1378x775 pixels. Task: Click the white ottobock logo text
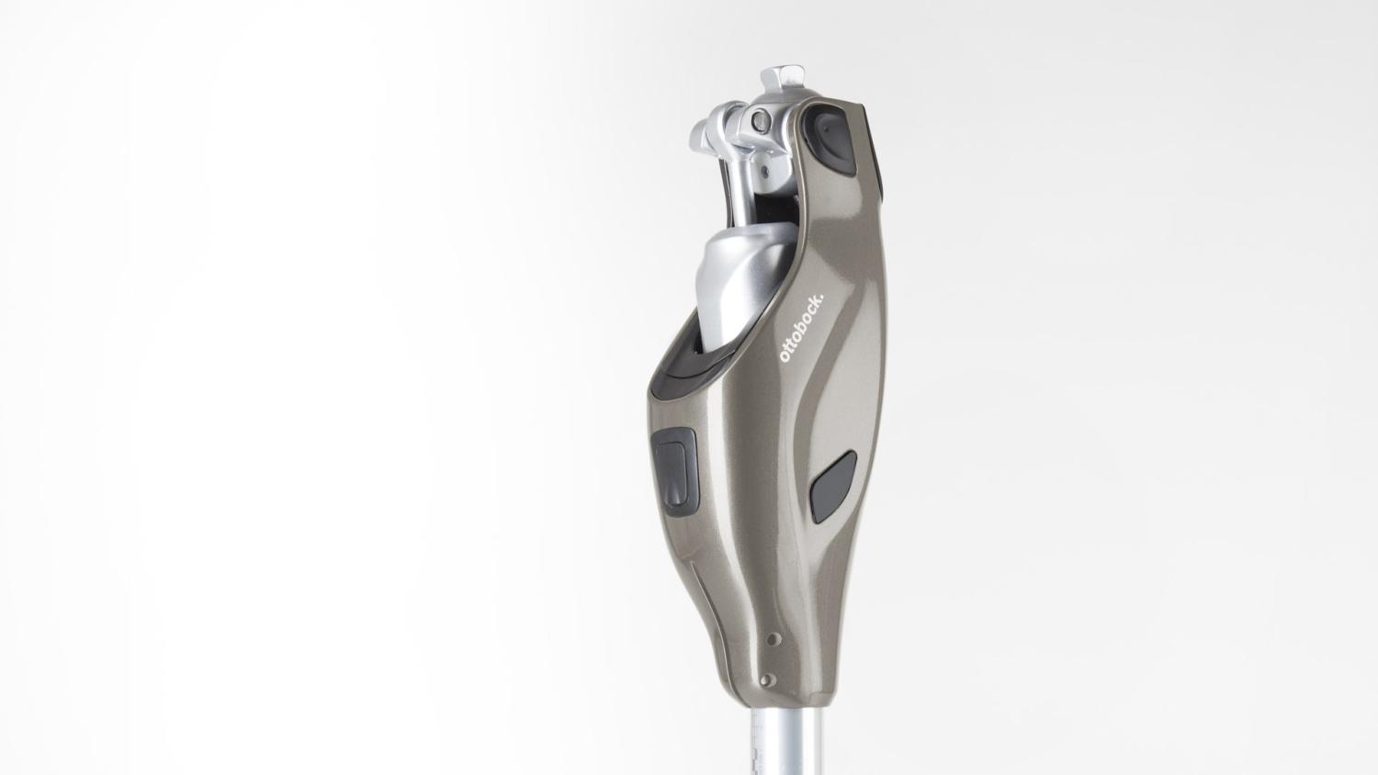pos(802,330)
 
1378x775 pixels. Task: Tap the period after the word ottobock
pos(824,298)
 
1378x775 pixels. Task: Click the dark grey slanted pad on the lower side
pos(833,487)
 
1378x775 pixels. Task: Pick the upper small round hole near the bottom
pos(773,639)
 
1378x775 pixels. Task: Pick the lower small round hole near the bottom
pos(766,680)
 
